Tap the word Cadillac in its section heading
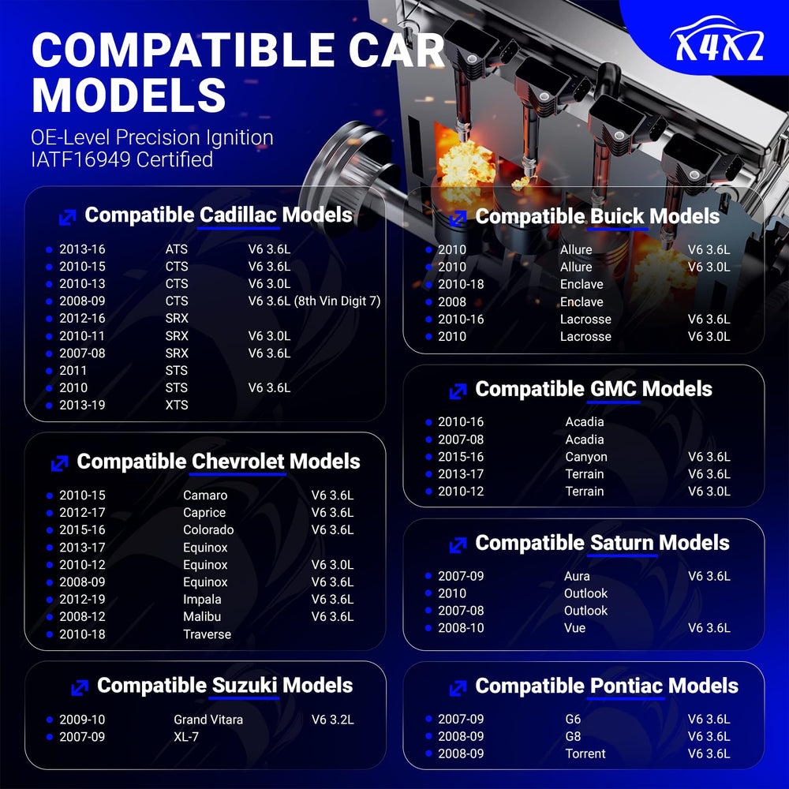coord(238,215)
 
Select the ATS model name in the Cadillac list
coord(176,249)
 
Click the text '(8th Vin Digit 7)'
coord(337,301)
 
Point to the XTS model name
coord(177,405)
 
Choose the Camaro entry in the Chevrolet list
coord(205,495)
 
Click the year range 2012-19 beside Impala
coord(83,600)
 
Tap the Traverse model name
coord(207,634)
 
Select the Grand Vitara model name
coord(208,720)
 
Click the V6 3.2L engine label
coord(333,720)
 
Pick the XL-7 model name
coord(186,737)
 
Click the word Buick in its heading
coord(617,217)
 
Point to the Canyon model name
coord(586,457)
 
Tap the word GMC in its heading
coord(613,389)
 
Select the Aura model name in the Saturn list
coord(577,576)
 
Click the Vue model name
coord(574,628)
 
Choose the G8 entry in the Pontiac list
coord(573,736)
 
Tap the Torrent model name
coord(585,753)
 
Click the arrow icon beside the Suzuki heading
coord(80,687)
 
